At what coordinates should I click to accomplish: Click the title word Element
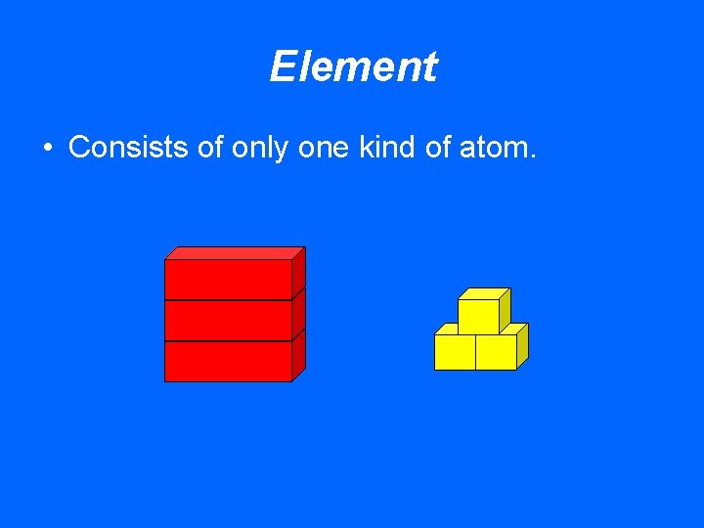pyautogui.click(x=353, y=67)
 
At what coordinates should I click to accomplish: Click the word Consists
pyautogui.click(x=123, y=148)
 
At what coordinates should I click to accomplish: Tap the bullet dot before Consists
pyautogui.click(x=47, y=149)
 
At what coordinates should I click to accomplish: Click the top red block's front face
pyautogui.click(x=228, y=279)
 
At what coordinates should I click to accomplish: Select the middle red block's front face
pyautogui.click(x=228, y=320)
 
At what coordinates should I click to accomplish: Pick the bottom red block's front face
pyautogui.click(x=228, y=361)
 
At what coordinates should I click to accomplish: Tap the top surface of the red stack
pyautogui.click(x=236, y=252)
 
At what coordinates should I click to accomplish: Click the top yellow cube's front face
pyautogui.click(x=478, y=317)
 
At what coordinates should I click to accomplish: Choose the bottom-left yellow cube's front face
pyautogui.click(x=455, y=352)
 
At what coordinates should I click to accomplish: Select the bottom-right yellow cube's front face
pyautogui.click(x=496, y=352)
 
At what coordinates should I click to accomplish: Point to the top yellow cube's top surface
pyautogui.click(x=485, y=293)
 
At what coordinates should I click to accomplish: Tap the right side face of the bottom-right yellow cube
pyautogui.click(x=522, y=346)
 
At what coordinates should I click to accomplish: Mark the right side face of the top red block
pyautogui.click(x=298, y=272)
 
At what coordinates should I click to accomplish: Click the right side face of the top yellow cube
pyautogui.click(x=505, y=309)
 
